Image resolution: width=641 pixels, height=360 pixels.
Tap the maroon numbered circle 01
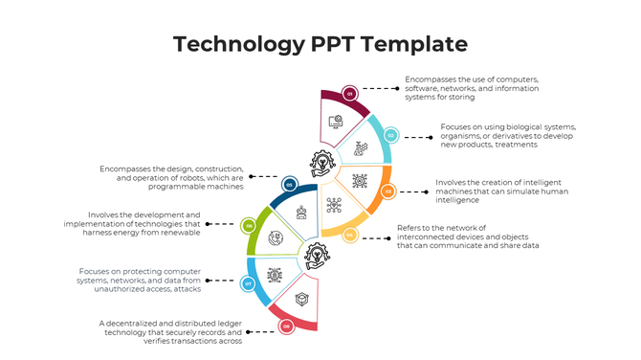pyautogui.click(x=350, y=94)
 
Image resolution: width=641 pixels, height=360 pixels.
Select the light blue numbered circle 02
pyautogui.click(x=390, y=136)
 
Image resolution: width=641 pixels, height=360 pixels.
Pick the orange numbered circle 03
pyautogui.click(x=387, y=191)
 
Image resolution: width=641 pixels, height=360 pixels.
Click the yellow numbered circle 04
pyautogui.click(x=350, y=234)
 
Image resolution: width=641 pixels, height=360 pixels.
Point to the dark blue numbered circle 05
pyautogui.click(x=289, y=184)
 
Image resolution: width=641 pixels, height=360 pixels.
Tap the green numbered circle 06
pyautogui.click(x=249, y=226)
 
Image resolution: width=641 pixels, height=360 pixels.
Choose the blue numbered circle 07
pyautogui.click(x=248, y=283)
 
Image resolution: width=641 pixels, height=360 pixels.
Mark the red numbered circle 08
pyautogui.click(x=285, y=326)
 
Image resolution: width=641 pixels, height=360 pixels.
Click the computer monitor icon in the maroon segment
pyautogui.click(x=336, y=123)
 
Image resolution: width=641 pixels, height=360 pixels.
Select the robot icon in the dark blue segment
pyautogui.click(x=302, y=212)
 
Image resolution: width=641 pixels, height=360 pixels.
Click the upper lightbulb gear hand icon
pyautogui.click(x=320, y=165)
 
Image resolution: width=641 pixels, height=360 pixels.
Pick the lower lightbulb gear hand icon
pyautogui.click(x=315, y=256)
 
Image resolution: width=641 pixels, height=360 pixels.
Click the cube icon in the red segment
pyautogui.click(x=301, y=300)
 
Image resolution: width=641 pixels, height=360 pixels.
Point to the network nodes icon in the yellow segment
pyautogui.click(x=334, y=205)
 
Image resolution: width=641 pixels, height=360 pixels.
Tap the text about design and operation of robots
pyautogui.click(x=172, y=177)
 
